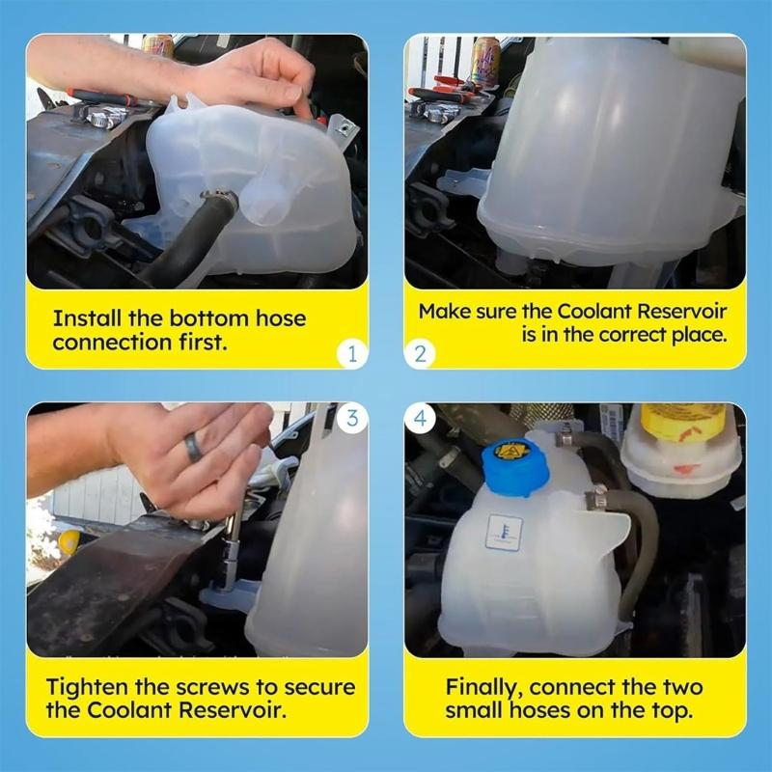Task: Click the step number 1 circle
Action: [352, 354]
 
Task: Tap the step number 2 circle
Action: [420, 354]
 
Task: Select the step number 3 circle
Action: [352, 418]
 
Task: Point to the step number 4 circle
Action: [420, 418]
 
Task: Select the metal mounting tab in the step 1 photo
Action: [340, 125]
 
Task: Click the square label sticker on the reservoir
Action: [504, 532]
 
